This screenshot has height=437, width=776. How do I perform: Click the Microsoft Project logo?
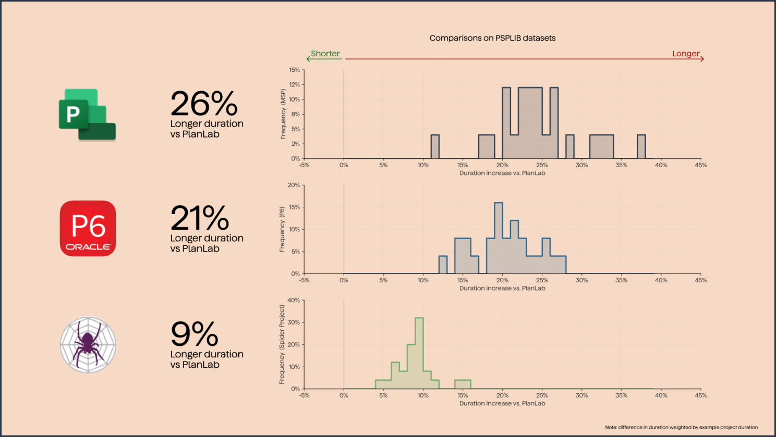pyautogui.click(x=87, y=114)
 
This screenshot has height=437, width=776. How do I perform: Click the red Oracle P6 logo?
pyautogui.click(x=88, y=228)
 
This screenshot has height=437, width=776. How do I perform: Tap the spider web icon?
pyautogui.click(x=88, y=345)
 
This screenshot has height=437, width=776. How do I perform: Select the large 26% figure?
pyautogui.click(x=203, y=104)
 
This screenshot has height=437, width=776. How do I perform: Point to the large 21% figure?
pyautogui.click(x=199, y=218)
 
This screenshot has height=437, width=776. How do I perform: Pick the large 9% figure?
pyautogui.click(x=194, y=334)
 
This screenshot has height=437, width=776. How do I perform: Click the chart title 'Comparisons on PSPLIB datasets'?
pyautogui.click(x=492, y=38)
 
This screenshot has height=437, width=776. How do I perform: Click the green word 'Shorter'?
pyautogui.click(x=325, y=54)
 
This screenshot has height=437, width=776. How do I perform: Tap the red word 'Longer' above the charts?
pyautogui.click(x=685, y=54)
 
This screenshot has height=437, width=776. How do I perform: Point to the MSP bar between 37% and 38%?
pyautogui.click(x=641, y=147)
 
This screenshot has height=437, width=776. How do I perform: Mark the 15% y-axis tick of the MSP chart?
pyautogui.click(x=295, y=70)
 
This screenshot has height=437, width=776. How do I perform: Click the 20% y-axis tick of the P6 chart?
pyautogui.click(x=294, y=185)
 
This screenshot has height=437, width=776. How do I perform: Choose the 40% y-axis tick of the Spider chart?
pyautogui.click(x=294, y=301)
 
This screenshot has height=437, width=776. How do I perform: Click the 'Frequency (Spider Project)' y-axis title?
pyautogui.click(x=282, y=345)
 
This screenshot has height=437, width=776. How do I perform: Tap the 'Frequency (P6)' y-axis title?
pyautogui.click(x=282, y=229)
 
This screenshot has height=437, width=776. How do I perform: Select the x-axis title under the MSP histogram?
pyautogui.click(x=502, y=173)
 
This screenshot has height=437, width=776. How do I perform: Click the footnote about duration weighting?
pyautogui.click(x=681, y=427)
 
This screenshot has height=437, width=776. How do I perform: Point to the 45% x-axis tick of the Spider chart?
pyautogui.click(x=700, y=396)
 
